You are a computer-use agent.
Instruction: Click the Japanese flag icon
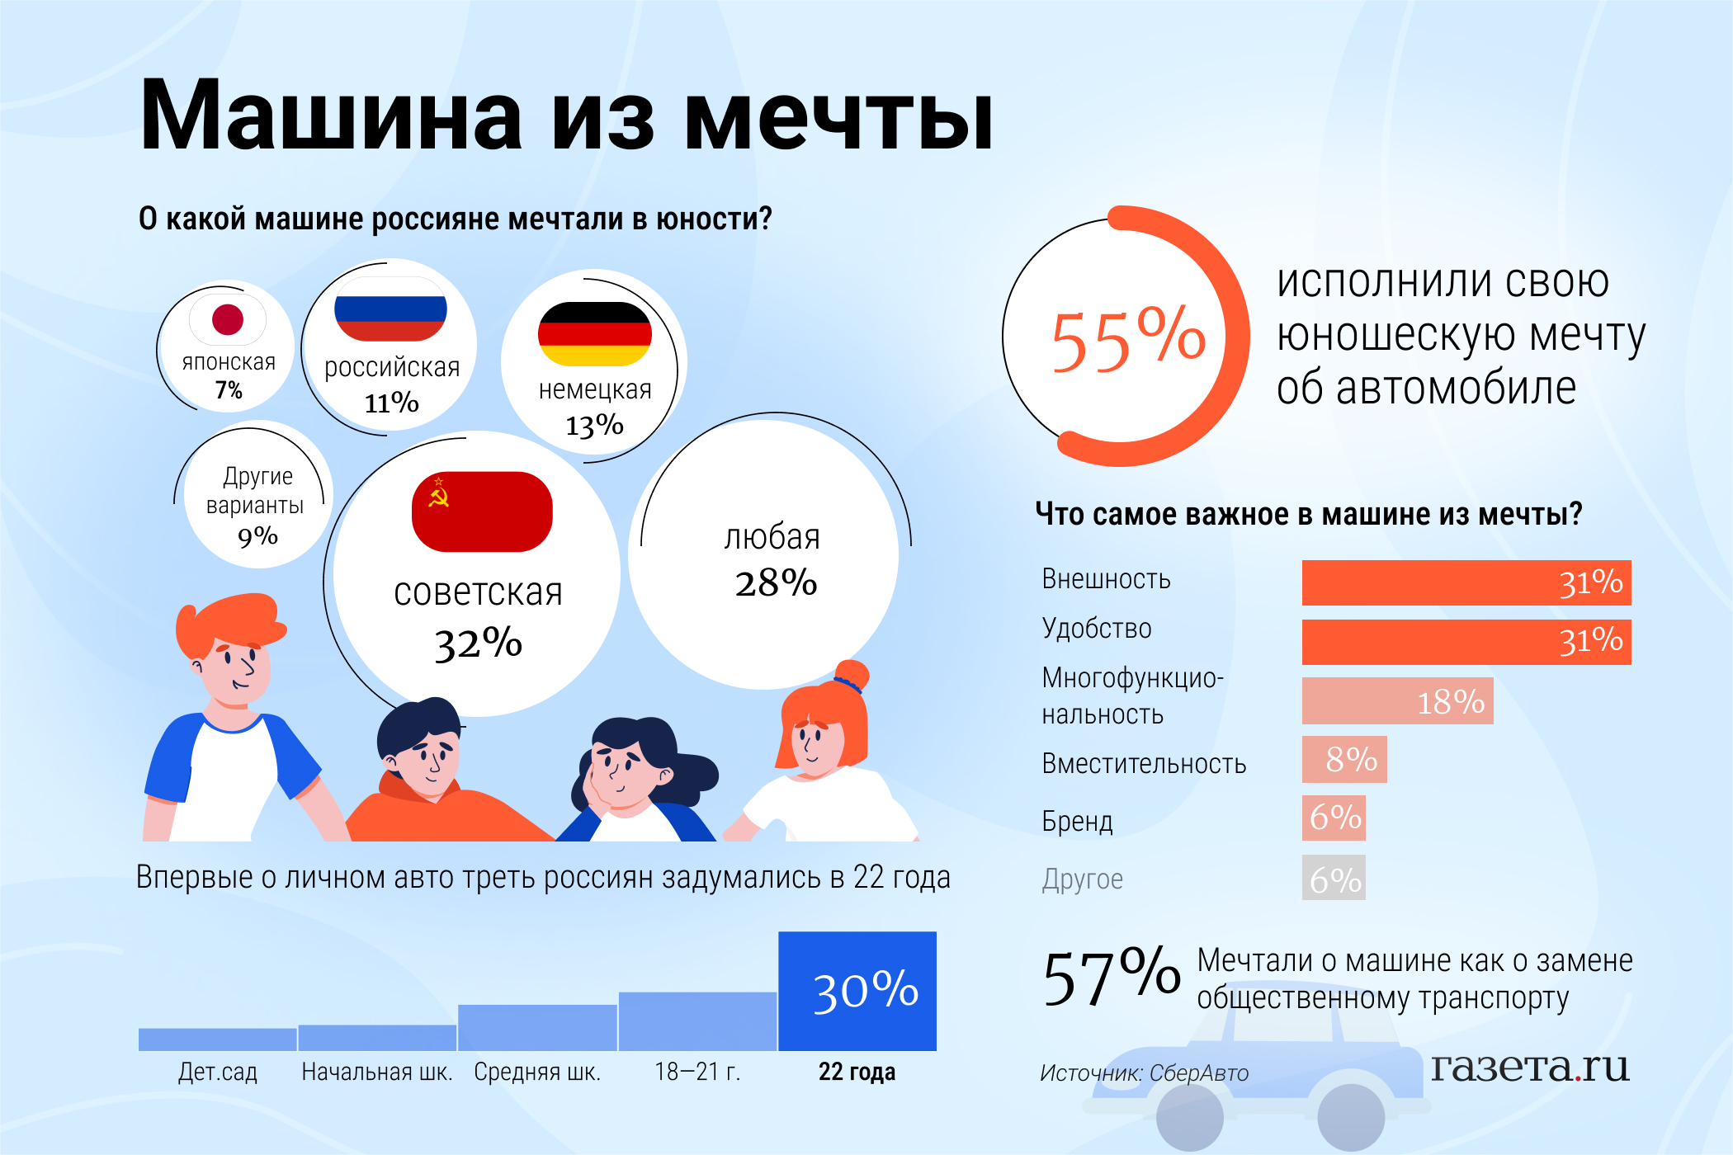pos(228,319)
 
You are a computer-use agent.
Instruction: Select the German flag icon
pos(594,333)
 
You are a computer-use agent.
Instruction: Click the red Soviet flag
pos(482,511)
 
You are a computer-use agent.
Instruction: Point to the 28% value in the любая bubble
pos(776,582)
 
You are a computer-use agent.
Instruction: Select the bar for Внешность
pos(1466,582)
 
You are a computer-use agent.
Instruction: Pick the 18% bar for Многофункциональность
pos(1397,701)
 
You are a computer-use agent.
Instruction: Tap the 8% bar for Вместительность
pos(1343,759)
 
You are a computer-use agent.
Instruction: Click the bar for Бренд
pos(1334,818)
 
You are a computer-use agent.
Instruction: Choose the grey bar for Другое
pos(1334,878)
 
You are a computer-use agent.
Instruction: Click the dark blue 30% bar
pos(857,991)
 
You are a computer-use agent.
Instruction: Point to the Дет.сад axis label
pos(218,1072)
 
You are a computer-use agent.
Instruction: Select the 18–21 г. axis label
pos(697,1072)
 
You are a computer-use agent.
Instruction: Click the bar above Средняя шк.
pos(537,1027)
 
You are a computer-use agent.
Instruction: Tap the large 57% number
pos(1111,978)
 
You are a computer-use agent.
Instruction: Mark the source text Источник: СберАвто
pos(1144,1073)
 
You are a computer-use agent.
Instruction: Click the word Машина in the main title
pos(331,115)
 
